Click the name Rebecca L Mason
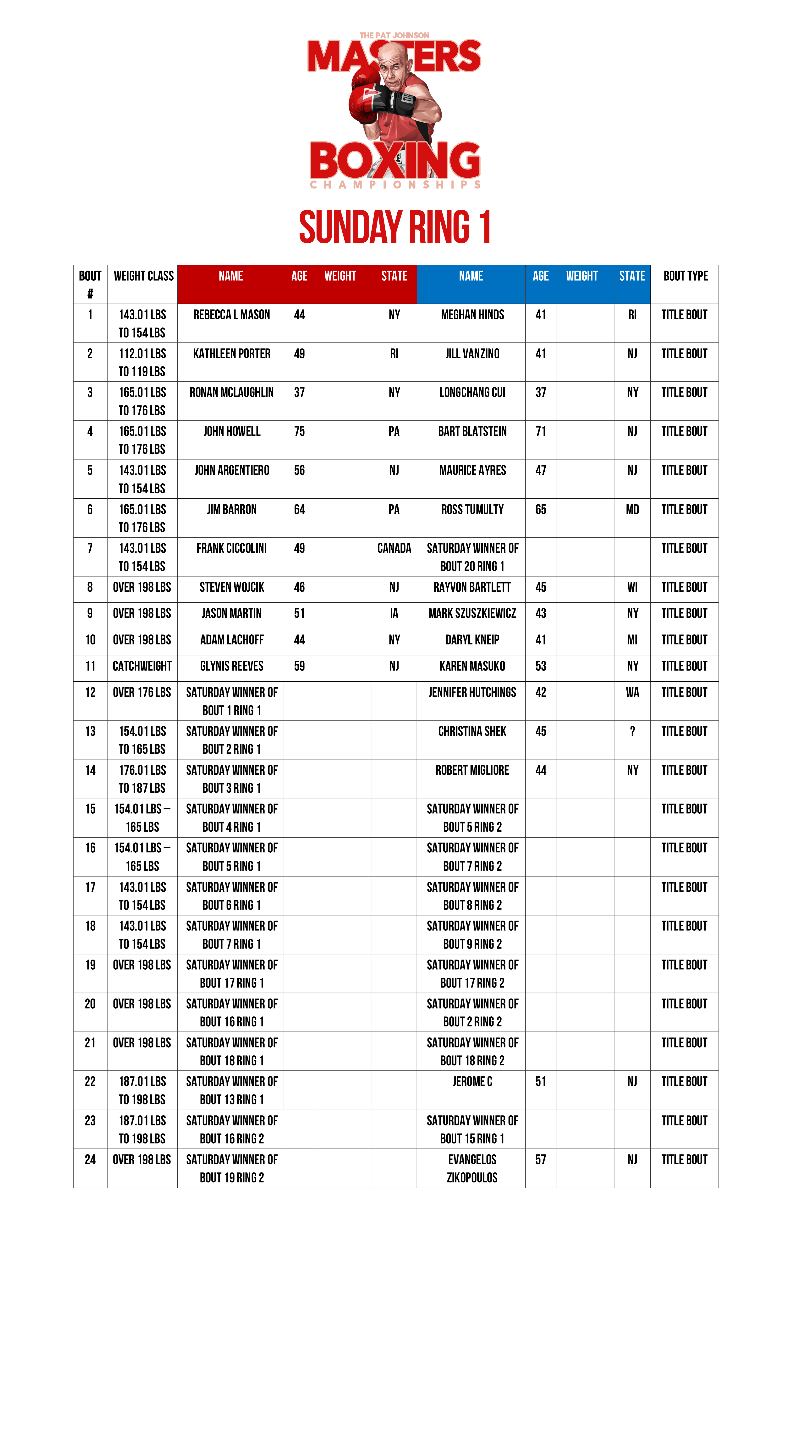tap(231, 315)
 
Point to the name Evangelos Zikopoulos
tap(472, 1168)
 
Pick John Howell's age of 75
tap(299, 431)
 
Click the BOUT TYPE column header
tap(685, 276)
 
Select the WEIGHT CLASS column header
tap(143, 276)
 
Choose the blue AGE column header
tap(540, 276)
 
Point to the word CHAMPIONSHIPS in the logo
tap(395, 185)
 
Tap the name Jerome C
tap(472, 1082)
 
